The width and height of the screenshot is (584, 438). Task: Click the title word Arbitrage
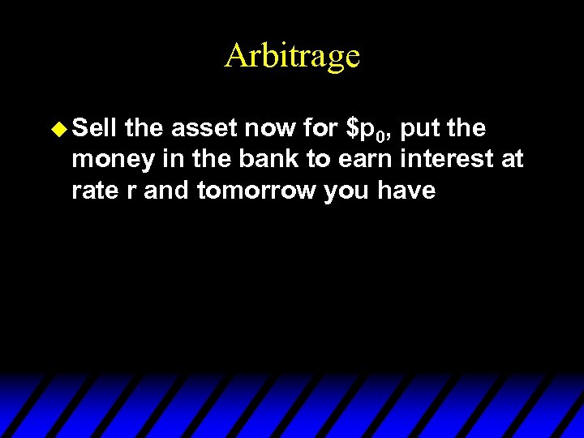click(x=292, y=55)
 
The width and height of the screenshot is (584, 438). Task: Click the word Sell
click(x=95, y=127)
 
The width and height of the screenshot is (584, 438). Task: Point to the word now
click(x=276, y=127)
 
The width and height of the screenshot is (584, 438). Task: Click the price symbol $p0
click(x=370, y=129)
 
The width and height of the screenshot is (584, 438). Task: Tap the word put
click(x=422, y=129)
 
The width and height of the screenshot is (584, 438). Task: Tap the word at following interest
click(x=513, y=159)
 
